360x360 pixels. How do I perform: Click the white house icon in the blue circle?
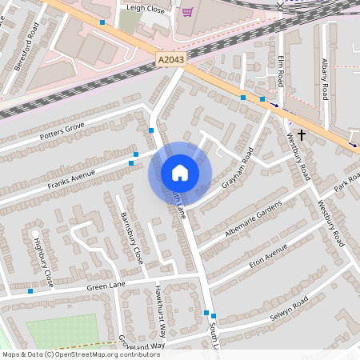(180, 172)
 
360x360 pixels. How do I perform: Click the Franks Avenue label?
(70, 179)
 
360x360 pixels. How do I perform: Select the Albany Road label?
(325, 79)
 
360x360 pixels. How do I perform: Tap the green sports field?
(62, 330)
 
